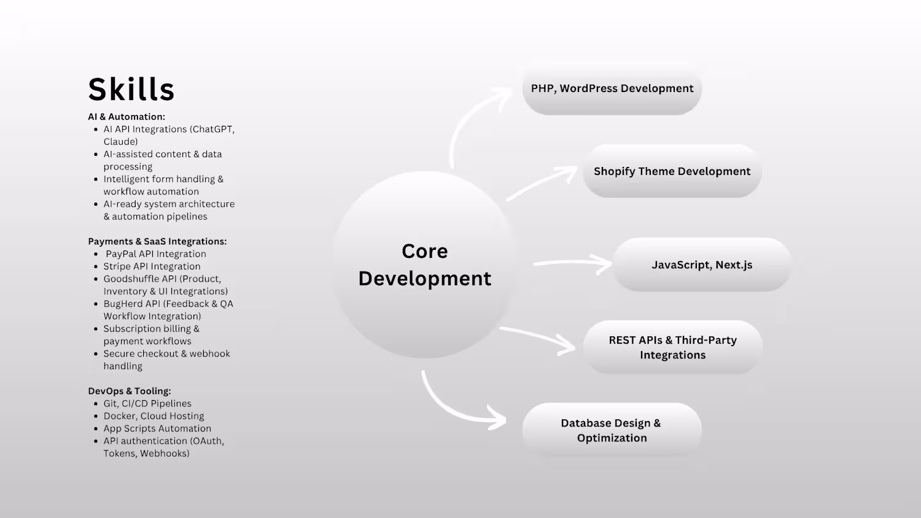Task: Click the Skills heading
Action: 131,89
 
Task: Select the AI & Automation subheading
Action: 126,117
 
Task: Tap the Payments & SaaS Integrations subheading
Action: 157,241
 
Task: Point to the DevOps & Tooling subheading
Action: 130,391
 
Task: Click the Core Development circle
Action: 425,265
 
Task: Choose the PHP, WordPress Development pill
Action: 612,88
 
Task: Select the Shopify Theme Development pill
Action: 672,171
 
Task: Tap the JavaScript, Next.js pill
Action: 702,265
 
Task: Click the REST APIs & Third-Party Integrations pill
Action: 673,347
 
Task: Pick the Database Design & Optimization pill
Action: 612,430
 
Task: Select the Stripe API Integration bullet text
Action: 152,266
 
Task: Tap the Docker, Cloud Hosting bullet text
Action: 153,416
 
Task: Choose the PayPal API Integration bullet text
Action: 156,254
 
